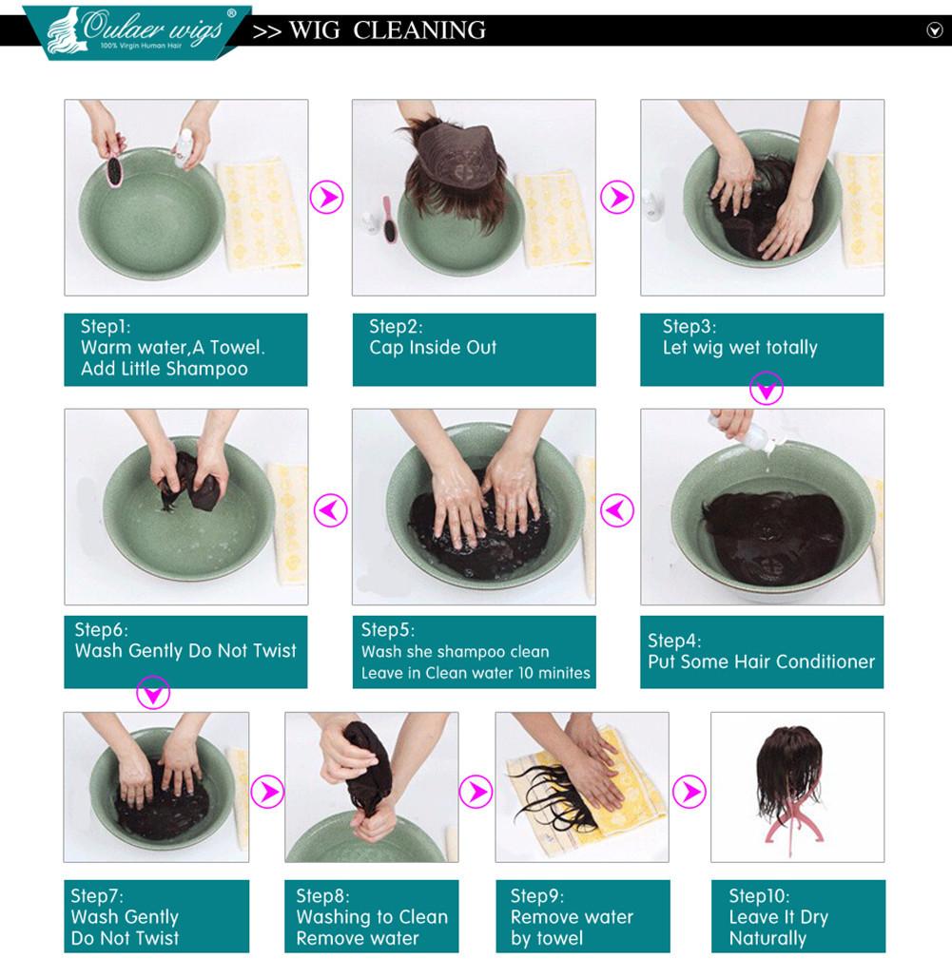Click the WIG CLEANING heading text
(x=387, y=29)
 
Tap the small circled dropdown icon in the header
(x=934, y=29)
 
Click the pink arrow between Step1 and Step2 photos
(x=326, y=198)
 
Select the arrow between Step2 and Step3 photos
(x=617, y=197)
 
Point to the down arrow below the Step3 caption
(x=767, y=388)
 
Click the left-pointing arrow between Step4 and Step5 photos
(x=616, y=510)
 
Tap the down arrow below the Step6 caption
(x=153, y=692)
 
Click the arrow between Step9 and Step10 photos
(x=690, y=792)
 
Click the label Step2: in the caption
(x=396, y=326)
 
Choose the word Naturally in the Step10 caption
(x=767, y=938)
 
